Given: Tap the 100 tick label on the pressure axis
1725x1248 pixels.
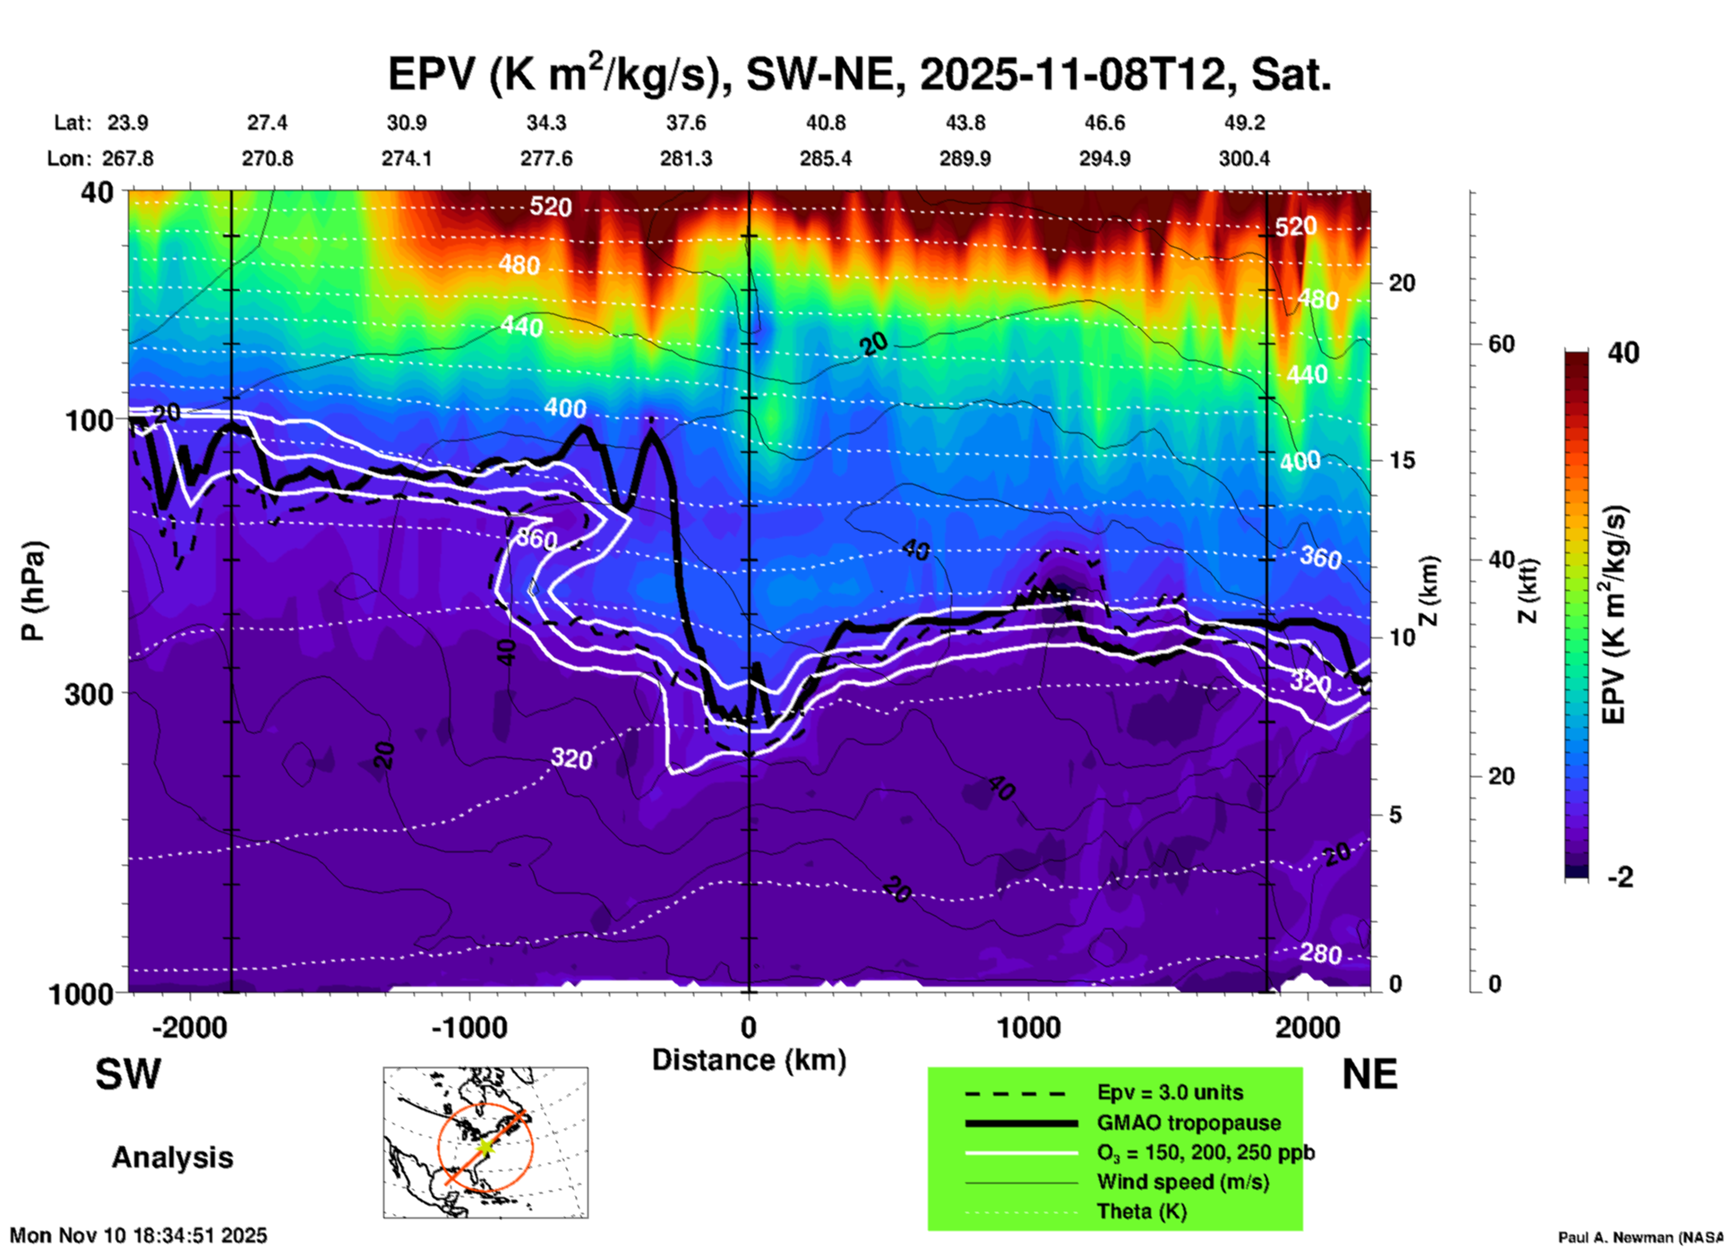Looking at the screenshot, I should (x=90, y=420).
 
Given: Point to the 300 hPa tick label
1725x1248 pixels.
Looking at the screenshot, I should (x=90, y=694).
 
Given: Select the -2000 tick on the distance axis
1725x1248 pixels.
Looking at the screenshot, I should (x=189, y=1027).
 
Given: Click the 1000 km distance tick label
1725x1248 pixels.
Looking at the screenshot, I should (x=1028, y=1027).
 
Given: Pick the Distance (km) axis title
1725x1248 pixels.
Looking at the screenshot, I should (x=749, y=1060).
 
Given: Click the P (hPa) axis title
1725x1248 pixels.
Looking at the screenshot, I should (x=33, y=591).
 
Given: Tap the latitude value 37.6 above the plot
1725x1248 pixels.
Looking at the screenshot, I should (x=686, y=123).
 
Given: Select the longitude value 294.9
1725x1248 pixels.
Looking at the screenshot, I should (x=1104, y=158).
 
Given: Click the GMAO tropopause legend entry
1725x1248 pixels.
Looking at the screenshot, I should (x=1189, y=1123).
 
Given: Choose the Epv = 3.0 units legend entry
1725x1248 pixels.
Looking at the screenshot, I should (x=1170, y=1092).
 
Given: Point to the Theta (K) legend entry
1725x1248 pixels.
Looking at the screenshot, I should (x=1141, y=1211).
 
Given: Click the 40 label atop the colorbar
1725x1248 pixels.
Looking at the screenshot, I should (x=1623, y=353).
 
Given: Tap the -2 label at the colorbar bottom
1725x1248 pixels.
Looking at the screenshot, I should (x=1620, y=877).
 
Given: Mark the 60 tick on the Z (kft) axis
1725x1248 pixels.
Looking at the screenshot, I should (x=1501, y=344).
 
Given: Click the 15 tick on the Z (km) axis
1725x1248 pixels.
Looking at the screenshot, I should (x=1402, y=460).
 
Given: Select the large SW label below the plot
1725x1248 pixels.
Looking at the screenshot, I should (x=128, y=1074).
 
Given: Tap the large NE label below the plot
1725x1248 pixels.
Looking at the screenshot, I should (x=1369, y=1074).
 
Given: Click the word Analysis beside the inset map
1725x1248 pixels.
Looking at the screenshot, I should (x=172, y=1158).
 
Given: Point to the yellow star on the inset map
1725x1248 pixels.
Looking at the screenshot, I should (x=485, y=1146).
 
